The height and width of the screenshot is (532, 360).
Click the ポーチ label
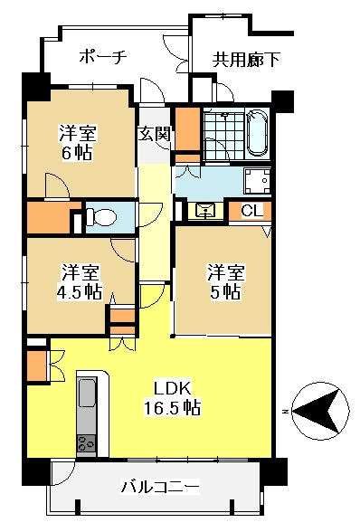(103, 57)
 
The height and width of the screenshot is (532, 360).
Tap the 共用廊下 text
(246, 60)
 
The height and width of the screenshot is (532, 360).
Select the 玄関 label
(154, 133)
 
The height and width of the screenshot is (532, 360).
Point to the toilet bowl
(101, 216)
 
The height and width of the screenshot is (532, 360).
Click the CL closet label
(251, 211)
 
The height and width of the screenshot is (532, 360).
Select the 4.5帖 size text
(80, 291)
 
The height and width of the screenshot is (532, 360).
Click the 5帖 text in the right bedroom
(225, 291)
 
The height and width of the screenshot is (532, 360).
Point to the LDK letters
(173, 388)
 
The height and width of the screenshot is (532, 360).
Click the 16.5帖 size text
(172, 407)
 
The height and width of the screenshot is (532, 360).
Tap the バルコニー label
(160, 488)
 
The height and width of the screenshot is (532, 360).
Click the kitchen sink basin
(87, 393)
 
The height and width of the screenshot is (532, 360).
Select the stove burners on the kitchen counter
(87, 442)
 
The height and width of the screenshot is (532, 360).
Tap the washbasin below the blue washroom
(206, 211)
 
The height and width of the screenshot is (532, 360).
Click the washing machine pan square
(257, 181)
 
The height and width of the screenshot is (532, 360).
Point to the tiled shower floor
(224, 136)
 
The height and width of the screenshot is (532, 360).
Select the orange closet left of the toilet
(50, 217)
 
